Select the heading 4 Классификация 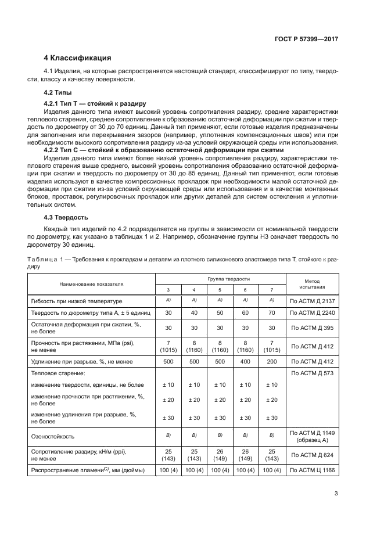(x=77, y=58)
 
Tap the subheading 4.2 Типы (x=59, y=92)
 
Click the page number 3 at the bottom (x=336, y=494)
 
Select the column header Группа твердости (x=219, y=279)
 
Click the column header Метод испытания (x=313, y=283)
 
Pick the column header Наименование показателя (x=91, y=283)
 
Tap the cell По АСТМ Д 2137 (x=313, y=301)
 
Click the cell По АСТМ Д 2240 (x=313, y=312)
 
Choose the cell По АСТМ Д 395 (x=313, y=327)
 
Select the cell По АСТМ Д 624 (x=313, y=455)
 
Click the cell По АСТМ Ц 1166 (x=313, y=470)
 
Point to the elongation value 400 (x=245, y=362)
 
